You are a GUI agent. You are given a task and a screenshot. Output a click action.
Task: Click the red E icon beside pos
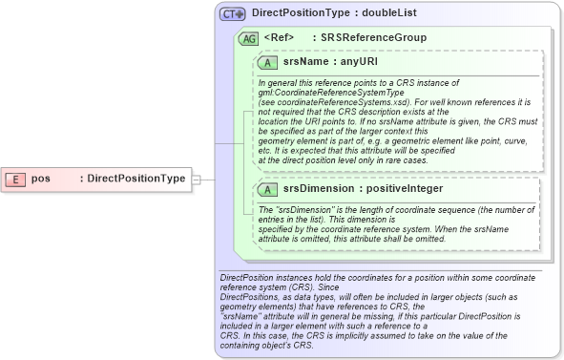coord(17,179)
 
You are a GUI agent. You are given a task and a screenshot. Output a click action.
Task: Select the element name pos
coord(40,179)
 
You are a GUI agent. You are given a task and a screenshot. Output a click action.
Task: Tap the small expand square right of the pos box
coord(196,179)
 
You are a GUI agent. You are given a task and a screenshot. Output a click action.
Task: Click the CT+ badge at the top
coord(233,14)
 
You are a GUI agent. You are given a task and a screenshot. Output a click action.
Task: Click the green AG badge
coord(248,38)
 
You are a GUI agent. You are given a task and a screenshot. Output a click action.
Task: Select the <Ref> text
coord(278,38)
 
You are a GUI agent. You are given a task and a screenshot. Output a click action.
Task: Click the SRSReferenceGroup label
coord(373,38)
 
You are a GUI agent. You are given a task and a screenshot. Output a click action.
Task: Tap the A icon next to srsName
coord(270,62)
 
